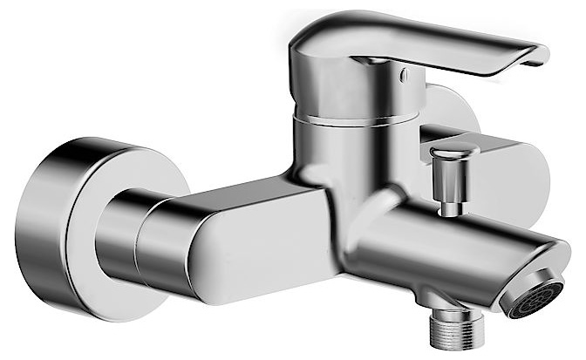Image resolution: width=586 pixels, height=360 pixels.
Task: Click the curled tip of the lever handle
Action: tap(534, 58)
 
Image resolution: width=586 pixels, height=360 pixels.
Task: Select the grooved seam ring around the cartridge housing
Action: tap(349, 119)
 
